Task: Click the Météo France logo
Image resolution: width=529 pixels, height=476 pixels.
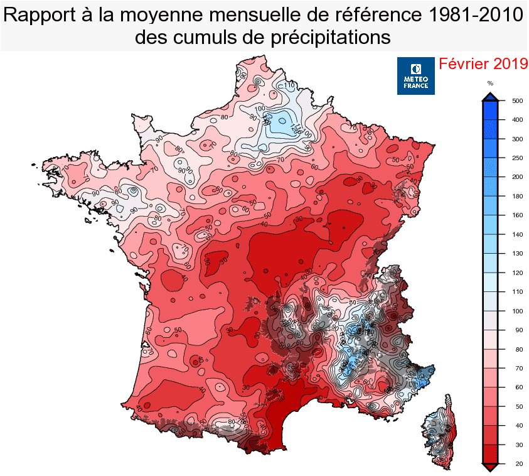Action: click(415, 76)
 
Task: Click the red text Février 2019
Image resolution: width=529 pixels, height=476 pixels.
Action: click(481, 64)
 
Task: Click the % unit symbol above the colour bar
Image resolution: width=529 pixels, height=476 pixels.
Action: click(490, 84)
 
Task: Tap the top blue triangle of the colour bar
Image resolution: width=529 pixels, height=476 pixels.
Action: click(490, 96)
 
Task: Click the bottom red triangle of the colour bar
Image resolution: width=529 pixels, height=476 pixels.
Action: click(490, 467)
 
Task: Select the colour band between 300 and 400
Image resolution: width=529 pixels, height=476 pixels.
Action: click(490, 129)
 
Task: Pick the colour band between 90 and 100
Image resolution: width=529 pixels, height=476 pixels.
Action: click(490, 320)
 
